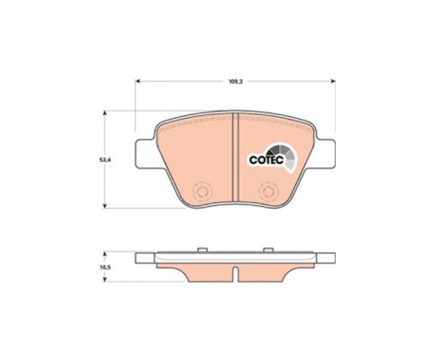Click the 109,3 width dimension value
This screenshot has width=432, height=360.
coord(235,81)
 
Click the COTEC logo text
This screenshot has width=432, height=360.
coord(266,160)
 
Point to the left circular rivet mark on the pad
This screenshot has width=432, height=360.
coord(202,191)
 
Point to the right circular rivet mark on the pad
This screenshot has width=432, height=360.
coord(269,191)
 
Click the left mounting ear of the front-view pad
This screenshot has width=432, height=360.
coord(147,154)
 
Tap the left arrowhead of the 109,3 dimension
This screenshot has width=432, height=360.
coord(138,81)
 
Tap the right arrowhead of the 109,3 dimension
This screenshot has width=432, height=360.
coord(333,81)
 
